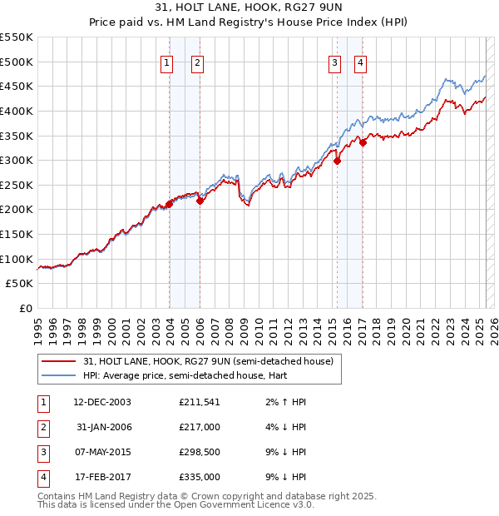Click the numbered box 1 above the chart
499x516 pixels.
pyautogui.click(x=167, y=62)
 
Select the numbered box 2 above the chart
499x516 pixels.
pyautogui.click(x=197, y=62)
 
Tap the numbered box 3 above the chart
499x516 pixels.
pyautogui.click(x=334, y=62)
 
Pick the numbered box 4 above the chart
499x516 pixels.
pyautogui.click(x=361, y=62)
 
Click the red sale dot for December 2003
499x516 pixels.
pyautogui.click(x=169, y=203)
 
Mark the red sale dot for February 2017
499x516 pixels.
pyautogui.click(x=363, y=142)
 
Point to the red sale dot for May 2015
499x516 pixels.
pyautogui.click(x=337, y=161)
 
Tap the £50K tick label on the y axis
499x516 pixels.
pyautogui.click(x=20, y=284)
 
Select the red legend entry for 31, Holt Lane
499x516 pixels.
pyautogui.click(x=208, y=361)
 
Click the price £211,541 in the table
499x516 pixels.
pyautogui.click(x=199, y=402)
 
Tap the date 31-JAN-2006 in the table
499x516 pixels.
pyautogui.click(x=104, y=427)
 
